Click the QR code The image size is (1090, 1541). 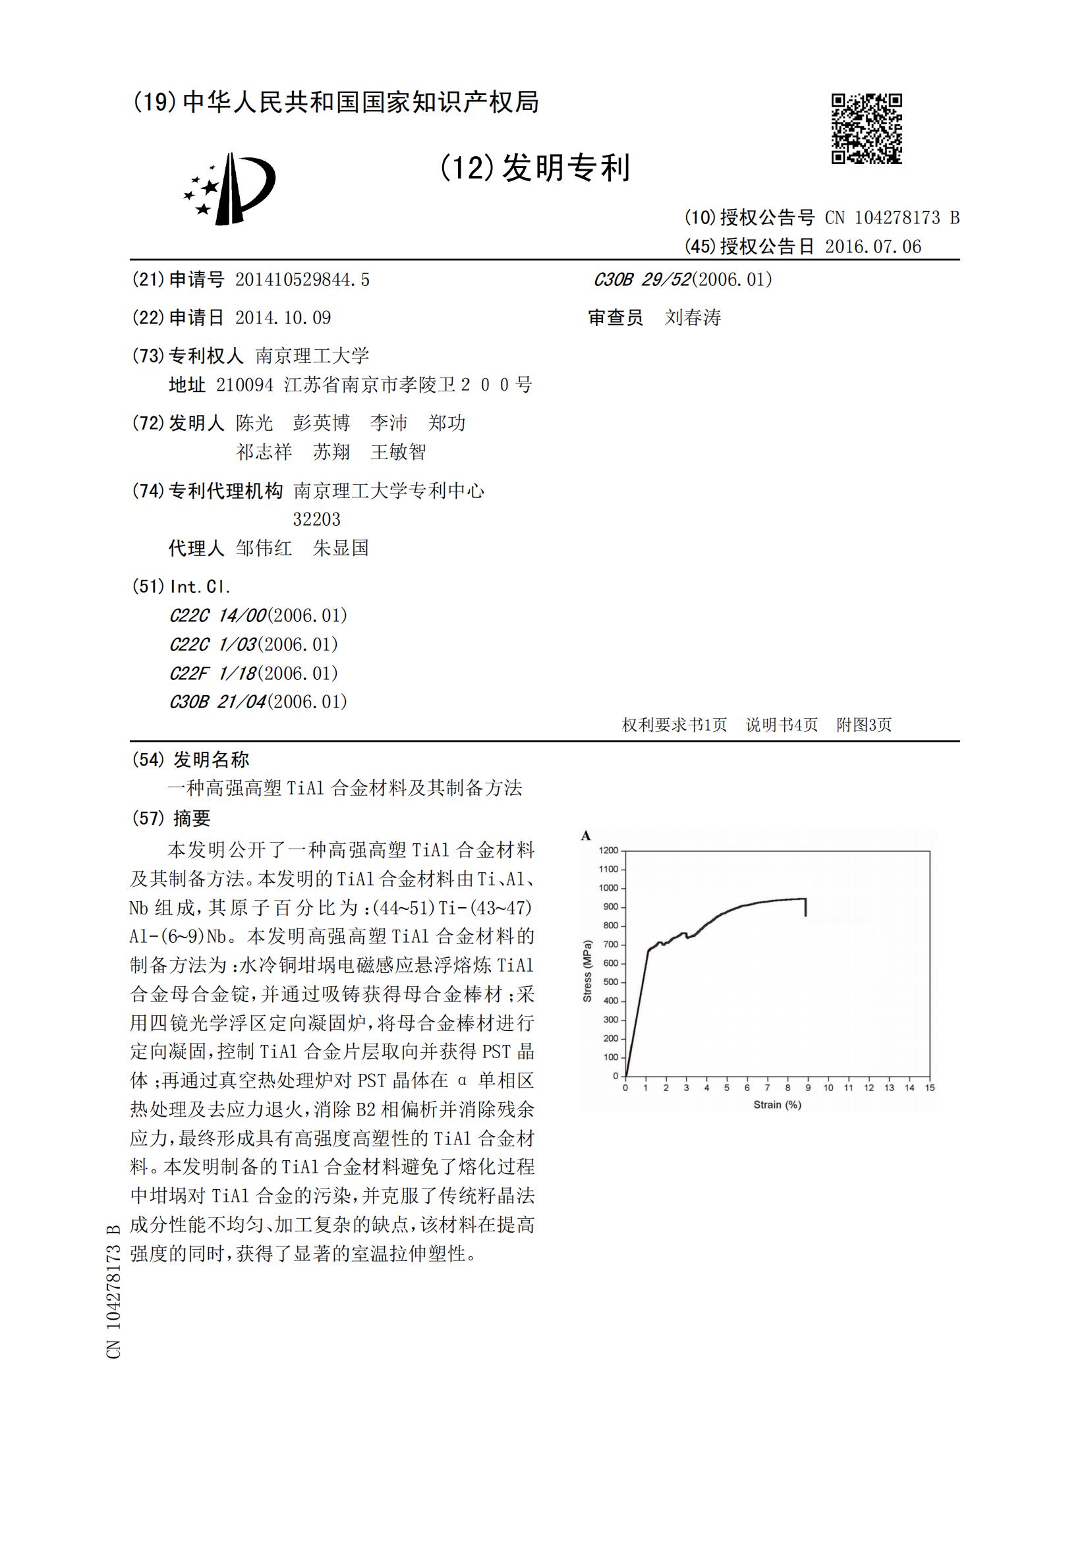tap(866, 128)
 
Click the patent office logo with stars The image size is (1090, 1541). tap(230, 188)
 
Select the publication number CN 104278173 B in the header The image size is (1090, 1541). tap(892, 217)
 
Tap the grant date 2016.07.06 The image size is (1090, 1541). tap(873, 246)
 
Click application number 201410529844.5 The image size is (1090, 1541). tap(302, 280)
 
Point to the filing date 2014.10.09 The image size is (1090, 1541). tap(283, 318)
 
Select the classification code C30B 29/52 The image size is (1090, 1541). tap(642, 280)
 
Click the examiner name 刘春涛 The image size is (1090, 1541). tap(693, 318)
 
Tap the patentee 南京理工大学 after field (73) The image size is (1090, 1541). tap(312, 356)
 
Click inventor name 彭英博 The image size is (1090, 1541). tap(322, 423)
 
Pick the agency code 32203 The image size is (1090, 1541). tap(316, 518)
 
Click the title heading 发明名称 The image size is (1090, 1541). tap(211, 759)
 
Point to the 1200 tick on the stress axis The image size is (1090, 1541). tap(608, 851)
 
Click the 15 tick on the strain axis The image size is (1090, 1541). tap(930, 1087)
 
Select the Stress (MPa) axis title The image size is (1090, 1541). tap(587, 971)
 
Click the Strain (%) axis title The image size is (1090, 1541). tap(776, 1105)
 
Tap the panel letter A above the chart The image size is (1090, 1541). tap(586, 835)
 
